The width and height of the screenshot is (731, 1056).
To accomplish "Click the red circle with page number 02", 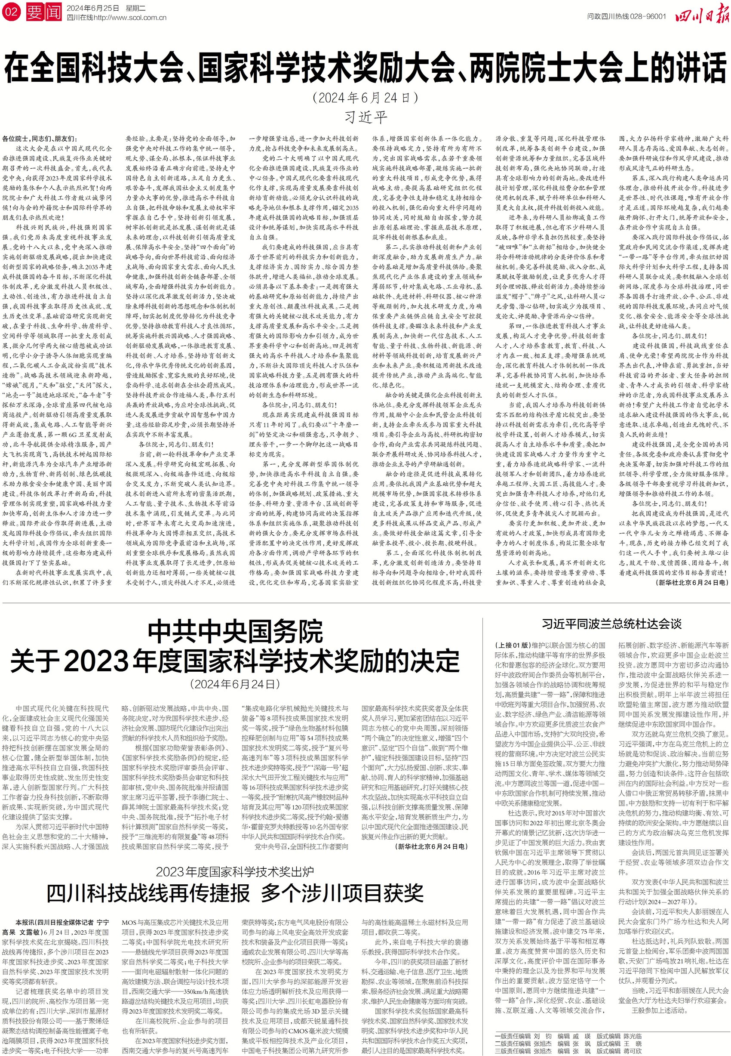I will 11,12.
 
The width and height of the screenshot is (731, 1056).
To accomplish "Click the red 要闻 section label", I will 43,12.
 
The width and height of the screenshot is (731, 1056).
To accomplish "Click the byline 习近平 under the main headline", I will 365,117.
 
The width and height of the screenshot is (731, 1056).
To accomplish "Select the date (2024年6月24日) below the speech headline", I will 365,98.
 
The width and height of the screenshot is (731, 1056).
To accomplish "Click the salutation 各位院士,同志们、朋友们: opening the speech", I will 40,139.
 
